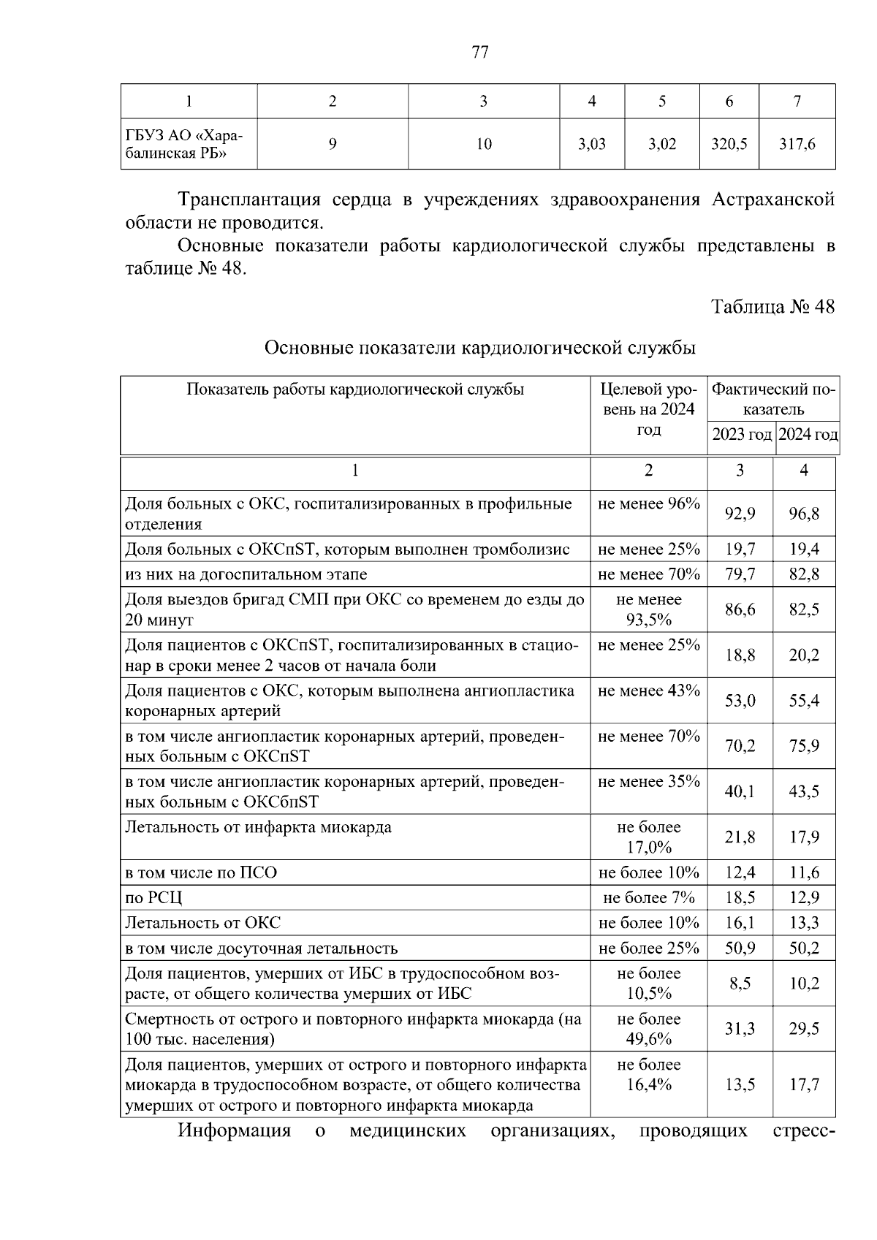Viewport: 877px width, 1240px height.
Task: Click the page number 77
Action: (x=480, y=52)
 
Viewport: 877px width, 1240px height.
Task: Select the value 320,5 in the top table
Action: (x=729, y=144)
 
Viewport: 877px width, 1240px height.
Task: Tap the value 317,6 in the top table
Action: (x=797, y=144)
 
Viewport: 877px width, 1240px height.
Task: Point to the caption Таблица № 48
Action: (x=773, y=306)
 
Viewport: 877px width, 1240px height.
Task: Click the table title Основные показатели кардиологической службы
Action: (x=479, y=348)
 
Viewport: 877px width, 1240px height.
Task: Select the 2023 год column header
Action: (x=741, y=435)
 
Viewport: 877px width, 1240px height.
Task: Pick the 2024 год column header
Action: (x=808, y=435)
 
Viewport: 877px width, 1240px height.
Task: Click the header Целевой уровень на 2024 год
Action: (x=648, y=408)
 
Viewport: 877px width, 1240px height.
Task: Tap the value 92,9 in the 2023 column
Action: (x=740, y=514)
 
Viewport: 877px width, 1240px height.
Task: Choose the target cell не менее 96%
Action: (x=648, y=503)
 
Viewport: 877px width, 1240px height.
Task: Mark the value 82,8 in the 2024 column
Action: (x=804, y=574)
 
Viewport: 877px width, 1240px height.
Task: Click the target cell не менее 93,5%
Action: (x=648, y=609)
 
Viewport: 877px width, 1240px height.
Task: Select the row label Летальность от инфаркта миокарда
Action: (x=259, y=827)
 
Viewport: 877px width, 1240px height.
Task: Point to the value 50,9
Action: (x=740, y=948)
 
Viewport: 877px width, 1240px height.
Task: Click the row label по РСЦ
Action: (x=153, y=898)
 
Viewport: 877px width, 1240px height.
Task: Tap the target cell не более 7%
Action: (x=648, y=898)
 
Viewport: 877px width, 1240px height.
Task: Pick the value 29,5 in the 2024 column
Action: (x=804, y=1029)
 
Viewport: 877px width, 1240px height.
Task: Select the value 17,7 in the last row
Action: (x=804, y=1084)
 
